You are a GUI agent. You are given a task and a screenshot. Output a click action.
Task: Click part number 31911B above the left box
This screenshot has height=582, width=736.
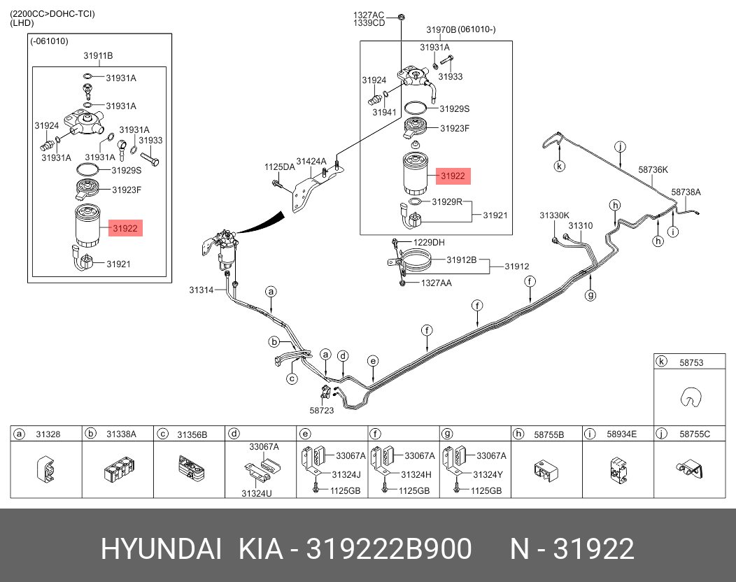coord(98,55)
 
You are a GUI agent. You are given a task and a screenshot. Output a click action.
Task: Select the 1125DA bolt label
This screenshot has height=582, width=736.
coord(279,167)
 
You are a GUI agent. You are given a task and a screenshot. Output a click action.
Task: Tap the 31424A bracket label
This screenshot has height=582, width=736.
coord(311,162)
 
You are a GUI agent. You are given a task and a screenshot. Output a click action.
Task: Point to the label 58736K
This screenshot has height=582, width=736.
coord(653,169)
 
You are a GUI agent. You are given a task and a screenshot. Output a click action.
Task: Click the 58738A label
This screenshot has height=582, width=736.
coord(686,192)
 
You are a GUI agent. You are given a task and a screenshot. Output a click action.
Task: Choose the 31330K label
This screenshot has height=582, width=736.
coord(554,215)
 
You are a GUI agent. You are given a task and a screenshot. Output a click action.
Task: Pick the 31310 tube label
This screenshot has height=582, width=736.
coord(580,226)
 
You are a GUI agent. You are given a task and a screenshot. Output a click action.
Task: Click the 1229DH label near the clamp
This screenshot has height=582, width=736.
coord(429,243)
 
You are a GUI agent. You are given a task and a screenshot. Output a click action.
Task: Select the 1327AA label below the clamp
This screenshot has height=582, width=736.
coord(436,283)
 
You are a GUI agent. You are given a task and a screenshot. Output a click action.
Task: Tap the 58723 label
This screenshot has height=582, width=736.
coord(322,411)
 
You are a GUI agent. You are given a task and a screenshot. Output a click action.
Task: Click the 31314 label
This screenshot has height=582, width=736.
coord(201,290)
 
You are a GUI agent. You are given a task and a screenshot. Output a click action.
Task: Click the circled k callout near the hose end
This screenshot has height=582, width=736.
coord(559,166)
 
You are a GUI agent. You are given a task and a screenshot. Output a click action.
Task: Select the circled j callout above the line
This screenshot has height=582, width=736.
coord(620,146)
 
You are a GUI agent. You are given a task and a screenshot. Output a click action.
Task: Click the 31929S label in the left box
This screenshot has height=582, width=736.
coord(126,170)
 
